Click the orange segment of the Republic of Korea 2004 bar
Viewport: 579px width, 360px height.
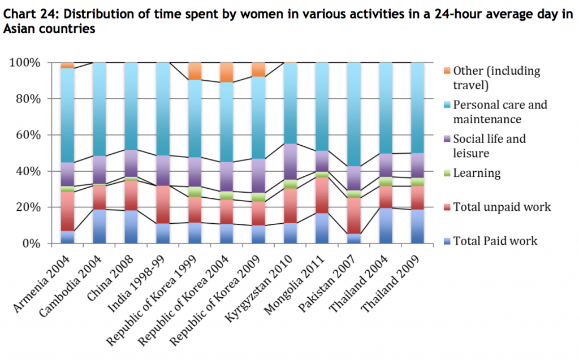pyautogui.click(x=226, y=72)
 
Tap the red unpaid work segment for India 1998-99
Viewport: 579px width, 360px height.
pyautogui.click(x=163, y=204)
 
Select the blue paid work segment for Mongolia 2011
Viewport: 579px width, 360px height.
pyautogui.click(x=322, y=228)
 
